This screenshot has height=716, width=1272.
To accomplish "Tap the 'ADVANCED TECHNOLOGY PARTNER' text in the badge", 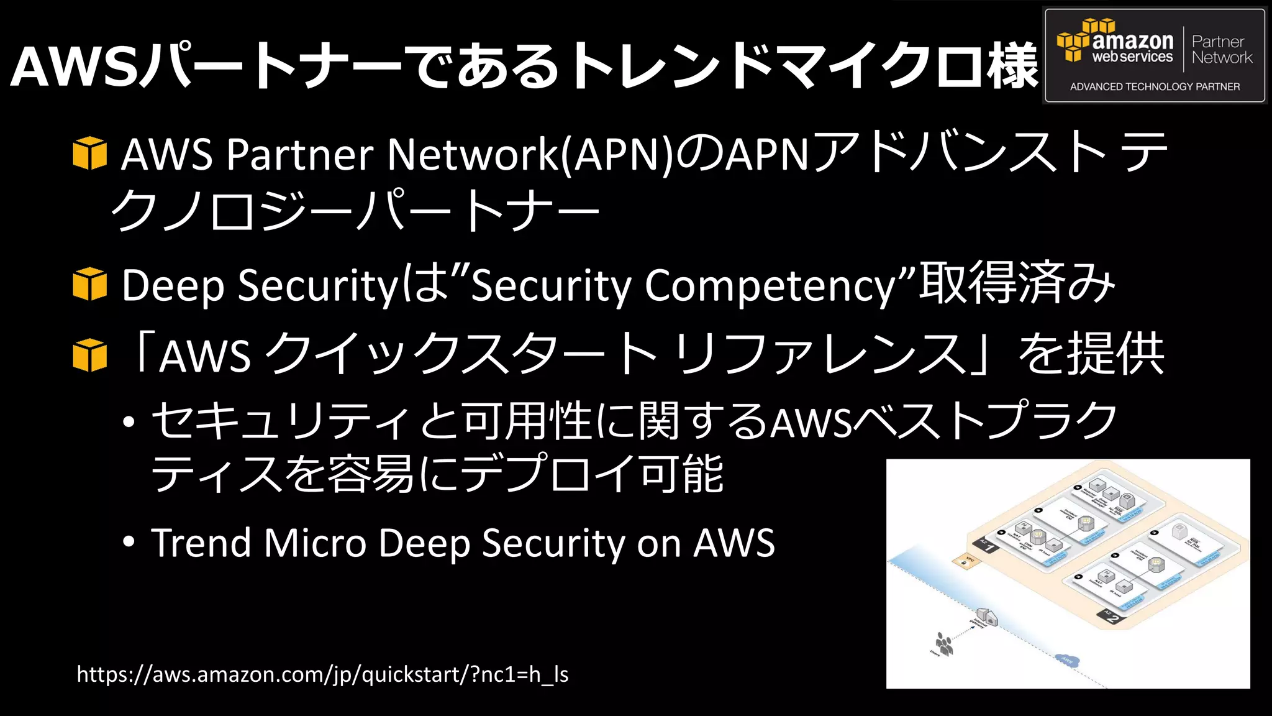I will (x=1155, y=87).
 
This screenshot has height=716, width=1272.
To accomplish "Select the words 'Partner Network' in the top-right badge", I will (x=1221, y=50).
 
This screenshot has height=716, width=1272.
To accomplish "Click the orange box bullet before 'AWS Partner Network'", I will (x=89, y=154).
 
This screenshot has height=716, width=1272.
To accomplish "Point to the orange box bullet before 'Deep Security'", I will (x=89, y=285).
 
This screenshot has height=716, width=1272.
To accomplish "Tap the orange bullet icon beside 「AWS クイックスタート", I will (x=89, y=356).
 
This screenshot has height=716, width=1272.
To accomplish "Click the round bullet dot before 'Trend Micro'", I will (x=129, y=542).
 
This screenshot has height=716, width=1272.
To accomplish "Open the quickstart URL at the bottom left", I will (x=322, y=674).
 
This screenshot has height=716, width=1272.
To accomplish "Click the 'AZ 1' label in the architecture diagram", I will (x=986, y=545).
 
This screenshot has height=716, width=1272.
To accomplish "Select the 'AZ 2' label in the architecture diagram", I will (x=1111, y=617).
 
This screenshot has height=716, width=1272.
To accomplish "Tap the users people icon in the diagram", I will (x=944, y=644).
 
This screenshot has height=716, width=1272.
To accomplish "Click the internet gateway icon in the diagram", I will (x=987, y=617).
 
